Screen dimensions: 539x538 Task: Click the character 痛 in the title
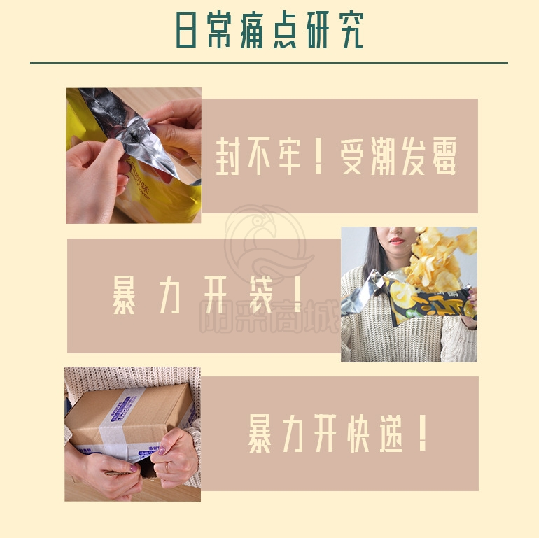click(x=251, y=30)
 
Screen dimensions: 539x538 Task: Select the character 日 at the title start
click(x=186, y=30)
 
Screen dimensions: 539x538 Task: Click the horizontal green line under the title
click(x=269, y=63)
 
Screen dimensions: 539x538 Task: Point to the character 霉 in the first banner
click(x=444, y=155)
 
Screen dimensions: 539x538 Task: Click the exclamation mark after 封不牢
click(x=318, y=155)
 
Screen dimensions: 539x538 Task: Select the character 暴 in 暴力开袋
click(x=124, y=295)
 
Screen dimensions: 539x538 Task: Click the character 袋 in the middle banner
click(x=261, y=295)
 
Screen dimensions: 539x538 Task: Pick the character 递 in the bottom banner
click(x=391, y=433)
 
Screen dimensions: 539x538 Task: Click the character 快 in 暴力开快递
click(x=358, y=433)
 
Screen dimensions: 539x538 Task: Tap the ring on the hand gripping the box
click(x=167, y=466)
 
